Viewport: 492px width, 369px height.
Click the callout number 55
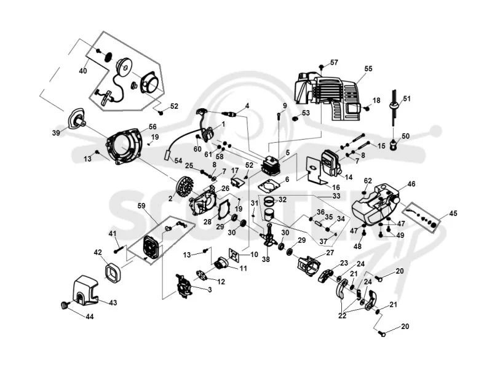coord(368,68)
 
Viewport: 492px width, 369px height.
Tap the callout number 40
coord(83,71)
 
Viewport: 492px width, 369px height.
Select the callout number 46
coord(411,184)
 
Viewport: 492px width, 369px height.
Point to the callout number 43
coord(113,303)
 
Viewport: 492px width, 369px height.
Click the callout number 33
coord(336,196)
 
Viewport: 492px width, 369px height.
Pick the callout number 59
coord(142,206)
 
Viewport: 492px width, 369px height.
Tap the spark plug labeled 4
coord(229,114)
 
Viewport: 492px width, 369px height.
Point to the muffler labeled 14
coord(330,163)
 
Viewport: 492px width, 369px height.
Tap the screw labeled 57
coord(322,67)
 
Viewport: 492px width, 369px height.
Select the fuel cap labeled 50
coord(393,145)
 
